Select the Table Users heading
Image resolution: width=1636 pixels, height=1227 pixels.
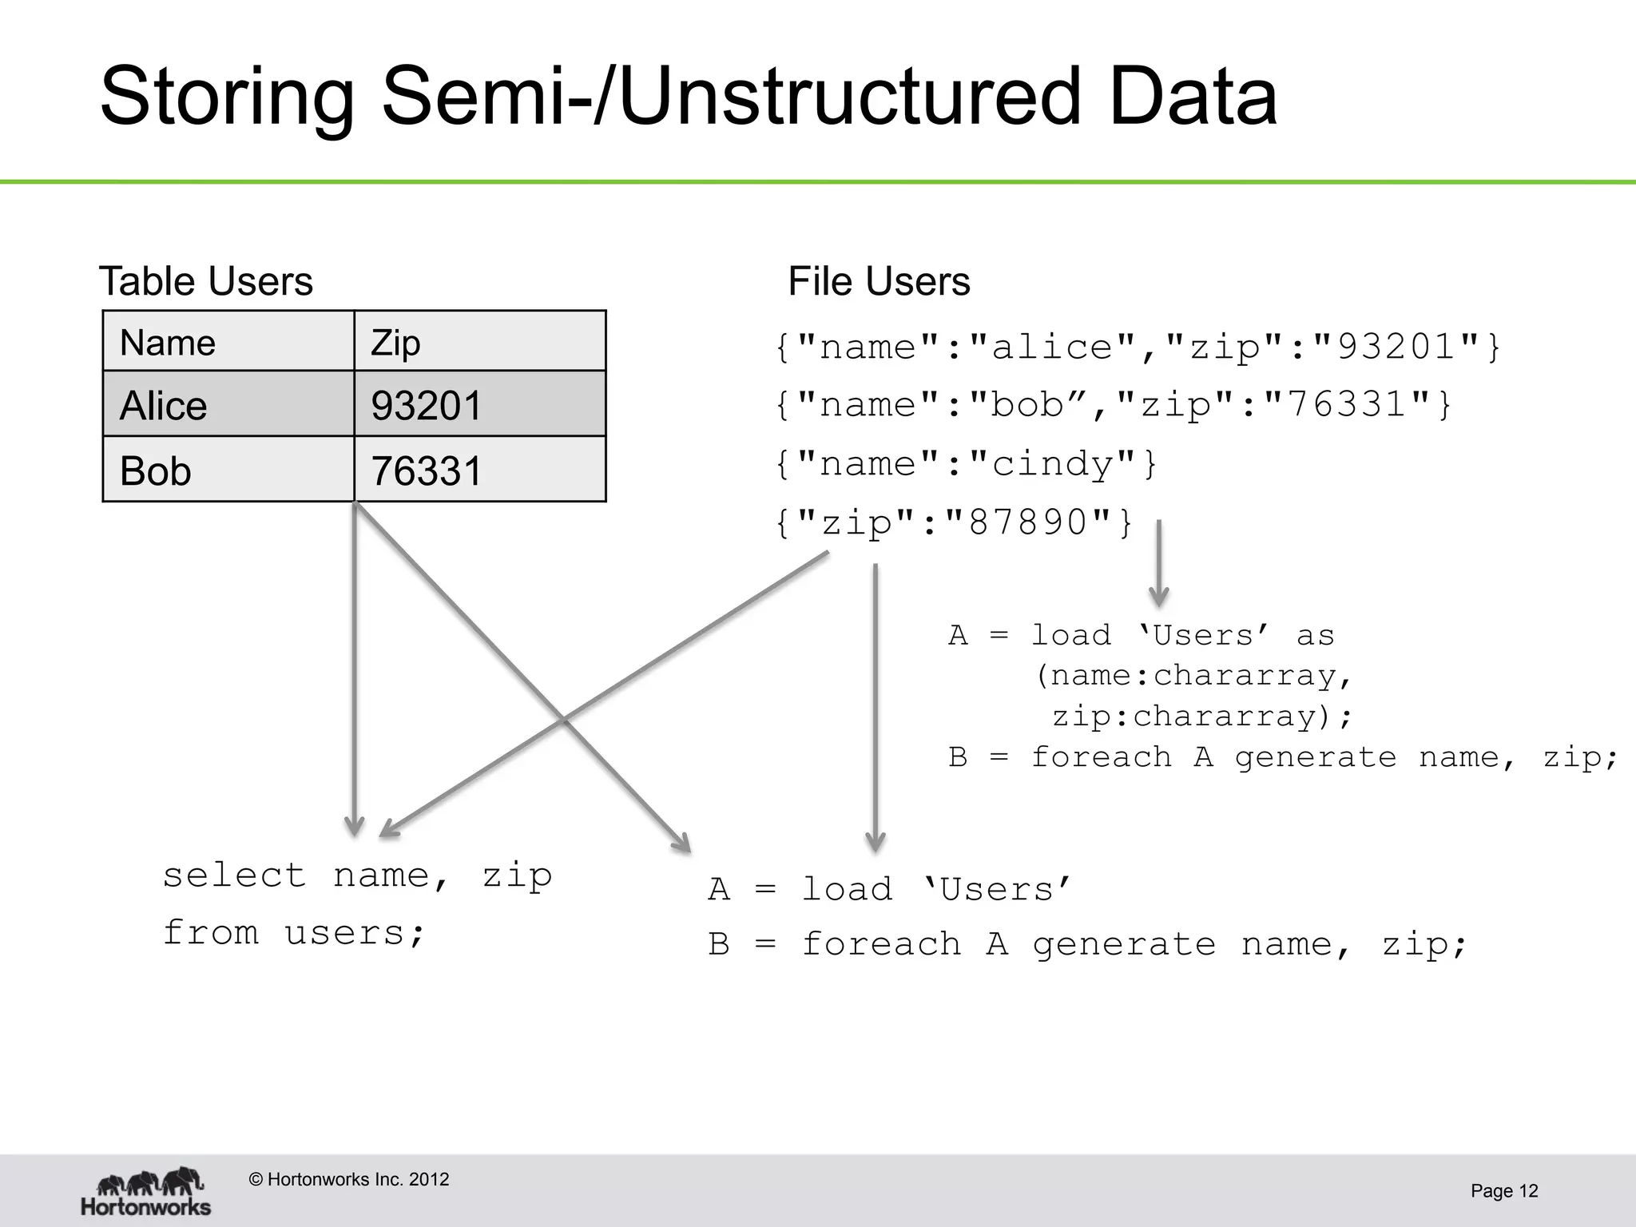[x=205, y=282]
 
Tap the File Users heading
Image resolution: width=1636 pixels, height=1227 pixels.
[x=879, y=282]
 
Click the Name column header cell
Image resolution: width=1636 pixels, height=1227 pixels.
[x=228, y=342]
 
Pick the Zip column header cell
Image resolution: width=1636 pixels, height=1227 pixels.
[x=479, y=342]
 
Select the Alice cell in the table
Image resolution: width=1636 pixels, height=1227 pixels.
[x=228, y=404]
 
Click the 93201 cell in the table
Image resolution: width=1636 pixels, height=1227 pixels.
[x=479, y=404]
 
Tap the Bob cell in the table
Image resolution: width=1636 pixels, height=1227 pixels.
[x=228, y=470]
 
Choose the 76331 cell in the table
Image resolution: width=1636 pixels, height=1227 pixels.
[x=479, y=470]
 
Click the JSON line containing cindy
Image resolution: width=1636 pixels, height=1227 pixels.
[x=966, y=464]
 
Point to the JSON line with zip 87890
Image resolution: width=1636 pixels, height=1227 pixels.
[x=954, y=523]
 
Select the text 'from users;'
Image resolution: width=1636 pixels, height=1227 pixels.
[x=294, y=932]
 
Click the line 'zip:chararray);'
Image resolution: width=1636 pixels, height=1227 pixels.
[x=1201, y=716]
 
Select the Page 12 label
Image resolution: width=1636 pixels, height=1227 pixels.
[x=1503, y=1191]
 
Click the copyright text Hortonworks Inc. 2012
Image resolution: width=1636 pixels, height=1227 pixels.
[x=349, y=1180]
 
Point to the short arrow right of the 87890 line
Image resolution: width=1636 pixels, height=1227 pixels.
[x=1158, y=563]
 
